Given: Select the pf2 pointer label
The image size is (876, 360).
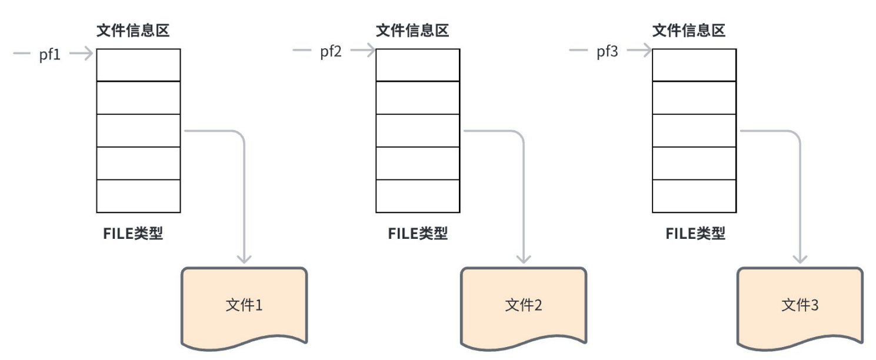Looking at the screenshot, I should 331,52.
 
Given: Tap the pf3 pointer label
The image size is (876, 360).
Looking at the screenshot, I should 607,52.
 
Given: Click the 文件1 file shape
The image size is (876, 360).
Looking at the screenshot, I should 244,306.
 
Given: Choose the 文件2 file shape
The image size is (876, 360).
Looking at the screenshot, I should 523,306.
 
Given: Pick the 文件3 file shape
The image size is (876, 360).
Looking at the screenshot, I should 800,306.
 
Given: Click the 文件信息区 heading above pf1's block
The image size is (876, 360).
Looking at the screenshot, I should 133,31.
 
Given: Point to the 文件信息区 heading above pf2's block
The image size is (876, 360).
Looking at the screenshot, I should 412,31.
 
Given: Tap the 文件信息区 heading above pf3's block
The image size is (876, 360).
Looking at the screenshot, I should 689,31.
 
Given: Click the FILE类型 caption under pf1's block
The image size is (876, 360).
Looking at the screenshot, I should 133,234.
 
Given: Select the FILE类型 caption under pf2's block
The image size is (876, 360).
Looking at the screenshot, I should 418,234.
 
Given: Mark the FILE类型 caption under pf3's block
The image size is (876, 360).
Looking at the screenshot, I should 695,234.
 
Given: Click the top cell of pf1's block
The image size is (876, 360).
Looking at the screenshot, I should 138,65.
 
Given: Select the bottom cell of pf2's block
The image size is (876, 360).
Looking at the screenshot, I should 418,196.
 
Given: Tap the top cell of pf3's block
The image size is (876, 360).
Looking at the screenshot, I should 694,65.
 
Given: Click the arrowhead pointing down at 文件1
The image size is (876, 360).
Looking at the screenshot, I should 244,258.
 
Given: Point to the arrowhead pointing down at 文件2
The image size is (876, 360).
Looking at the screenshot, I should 523,258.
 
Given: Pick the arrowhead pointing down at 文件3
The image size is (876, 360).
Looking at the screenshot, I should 800,258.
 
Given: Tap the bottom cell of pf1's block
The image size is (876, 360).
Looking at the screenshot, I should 138,196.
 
